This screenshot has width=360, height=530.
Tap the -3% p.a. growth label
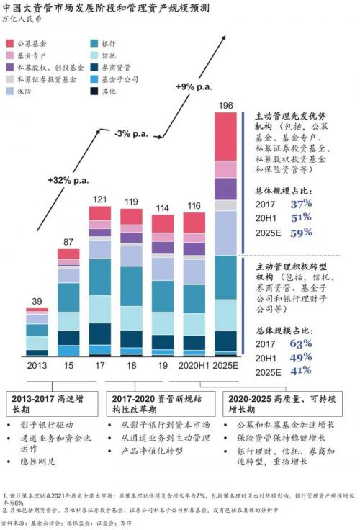131,133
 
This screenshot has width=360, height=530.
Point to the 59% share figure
301,233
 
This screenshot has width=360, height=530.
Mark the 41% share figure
301,371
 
